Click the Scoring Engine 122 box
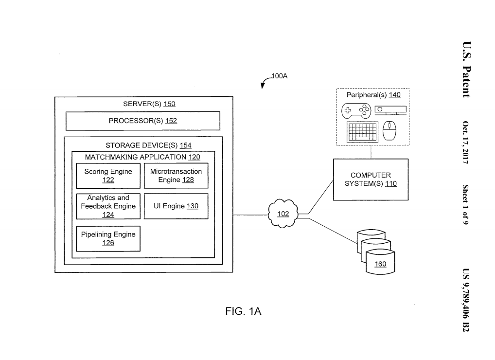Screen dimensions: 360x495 tap(108, 176)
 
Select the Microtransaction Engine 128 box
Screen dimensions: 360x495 tap(176, 176)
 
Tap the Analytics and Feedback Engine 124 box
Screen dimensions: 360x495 tap(108, 206)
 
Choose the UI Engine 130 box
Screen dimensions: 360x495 tap(176, 206)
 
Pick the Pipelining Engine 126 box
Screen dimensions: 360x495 tap(108, 238)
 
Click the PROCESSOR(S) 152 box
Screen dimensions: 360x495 tap(142, 121)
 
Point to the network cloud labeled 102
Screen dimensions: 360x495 tap(283, 214)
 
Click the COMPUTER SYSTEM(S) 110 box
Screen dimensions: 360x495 tap(371, 180)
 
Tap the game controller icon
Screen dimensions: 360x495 tap(355, 110)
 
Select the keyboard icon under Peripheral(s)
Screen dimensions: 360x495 tap(362, 131)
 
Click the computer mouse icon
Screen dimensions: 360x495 tap(390, 131)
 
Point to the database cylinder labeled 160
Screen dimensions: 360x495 tap(380, 262)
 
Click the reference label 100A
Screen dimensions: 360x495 tap(280, 76)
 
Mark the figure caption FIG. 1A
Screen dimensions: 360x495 tap(243, 312)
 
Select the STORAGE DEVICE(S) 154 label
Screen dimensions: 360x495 tap(148, 145)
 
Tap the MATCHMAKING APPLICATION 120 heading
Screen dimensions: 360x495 tap(142, 157)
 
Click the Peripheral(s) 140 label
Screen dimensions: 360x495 tap(373, 95)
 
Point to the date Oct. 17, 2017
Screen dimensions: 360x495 tap(465, 143)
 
